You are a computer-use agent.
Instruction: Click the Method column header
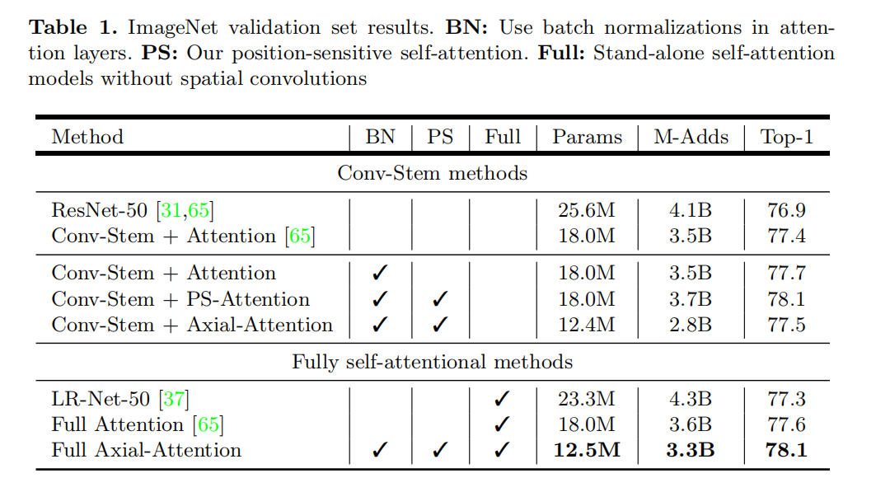coord(87,137)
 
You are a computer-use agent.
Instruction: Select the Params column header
coord(587,137)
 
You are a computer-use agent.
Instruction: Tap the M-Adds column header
coord(691,137)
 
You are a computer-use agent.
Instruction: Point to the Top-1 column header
coord(786,137)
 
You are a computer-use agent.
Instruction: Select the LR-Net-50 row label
coord(101,400)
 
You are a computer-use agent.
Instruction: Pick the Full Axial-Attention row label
coord(146,450)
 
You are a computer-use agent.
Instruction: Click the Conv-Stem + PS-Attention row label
coord(180,299)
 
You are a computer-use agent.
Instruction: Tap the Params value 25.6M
coord(587,210)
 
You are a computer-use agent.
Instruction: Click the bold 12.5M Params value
coord(587,450)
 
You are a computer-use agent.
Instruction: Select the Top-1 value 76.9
coord(786,210)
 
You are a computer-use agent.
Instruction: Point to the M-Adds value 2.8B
coord(691,325)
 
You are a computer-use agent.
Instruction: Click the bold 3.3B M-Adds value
coord(691,450)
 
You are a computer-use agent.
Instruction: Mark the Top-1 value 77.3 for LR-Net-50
coord(786,400)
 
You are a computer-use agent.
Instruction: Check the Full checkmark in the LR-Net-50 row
coord(502,400)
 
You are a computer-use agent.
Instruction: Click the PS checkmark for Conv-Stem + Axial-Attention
coord(440,325)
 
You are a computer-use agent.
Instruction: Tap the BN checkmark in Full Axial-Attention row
coord(379,450)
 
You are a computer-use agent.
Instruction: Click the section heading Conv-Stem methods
coord(432,174)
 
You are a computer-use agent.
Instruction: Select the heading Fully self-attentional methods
coord(432,363)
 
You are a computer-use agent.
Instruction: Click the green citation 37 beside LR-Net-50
coord(174,400)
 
